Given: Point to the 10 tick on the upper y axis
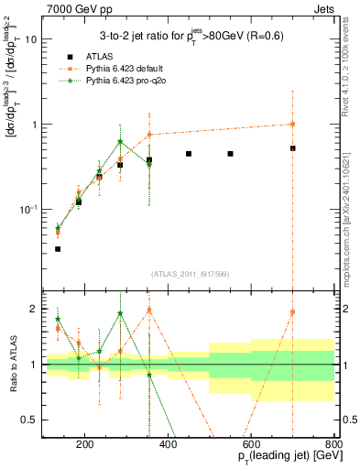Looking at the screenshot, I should [x=30, y=39].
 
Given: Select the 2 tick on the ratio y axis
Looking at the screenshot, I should [x=33, y=309].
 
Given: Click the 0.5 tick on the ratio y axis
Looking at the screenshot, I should [x=29, y=420].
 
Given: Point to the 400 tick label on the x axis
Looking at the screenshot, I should [x=168, y=444].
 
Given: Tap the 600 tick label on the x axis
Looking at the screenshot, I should [x=251, y=444].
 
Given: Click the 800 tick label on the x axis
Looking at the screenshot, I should [x=333, y=444].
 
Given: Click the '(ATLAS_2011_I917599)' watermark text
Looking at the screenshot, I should [x=189, y=274].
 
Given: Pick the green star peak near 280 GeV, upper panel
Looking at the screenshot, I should [x=120, y=141].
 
